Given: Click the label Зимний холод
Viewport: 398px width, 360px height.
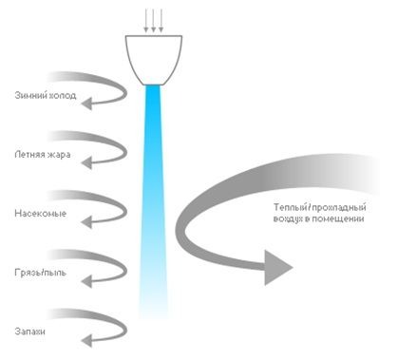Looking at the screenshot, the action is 46,95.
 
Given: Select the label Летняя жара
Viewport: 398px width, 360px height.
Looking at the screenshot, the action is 43,155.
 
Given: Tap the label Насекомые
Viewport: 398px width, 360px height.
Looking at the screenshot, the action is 41,213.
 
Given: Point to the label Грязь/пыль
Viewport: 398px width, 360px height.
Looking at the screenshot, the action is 41,273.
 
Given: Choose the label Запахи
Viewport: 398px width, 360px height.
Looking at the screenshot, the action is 29,332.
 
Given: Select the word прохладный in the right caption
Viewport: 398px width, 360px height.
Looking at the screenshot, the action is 339,208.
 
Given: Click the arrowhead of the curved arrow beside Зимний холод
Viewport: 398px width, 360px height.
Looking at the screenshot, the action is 86,104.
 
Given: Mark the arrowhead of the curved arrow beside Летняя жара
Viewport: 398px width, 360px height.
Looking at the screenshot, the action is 86,162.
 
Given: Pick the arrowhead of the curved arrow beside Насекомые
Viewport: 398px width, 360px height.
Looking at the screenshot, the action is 86,221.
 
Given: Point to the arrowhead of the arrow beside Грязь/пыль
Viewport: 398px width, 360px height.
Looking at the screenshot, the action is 86,281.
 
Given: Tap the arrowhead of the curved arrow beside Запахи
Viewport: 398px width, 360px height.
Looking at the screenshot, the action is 86,341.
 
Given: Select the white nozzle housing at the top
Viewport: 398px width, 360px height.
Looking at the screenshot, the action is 154,60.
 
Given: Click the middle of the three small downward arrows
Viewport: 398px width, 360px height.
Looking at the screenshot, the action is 154,21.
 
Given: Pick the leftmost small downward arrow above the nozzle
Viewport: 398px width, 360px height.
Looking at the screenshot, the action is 146,21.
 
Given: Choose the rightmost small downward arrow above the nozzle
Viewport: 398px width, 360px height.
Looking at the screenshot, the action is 161,21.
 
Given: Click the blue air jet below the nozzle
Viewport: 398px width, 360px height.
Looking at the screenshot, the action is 154,199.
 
